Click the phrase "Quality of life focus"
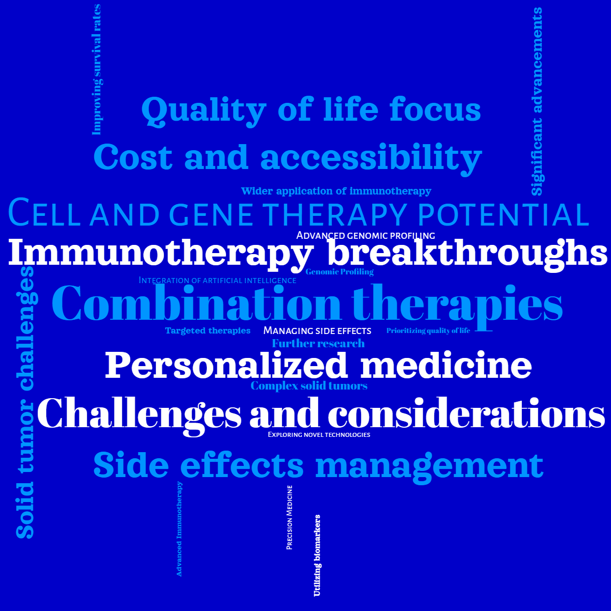coord(311,110)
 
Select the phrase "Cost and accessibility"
coord(288,157)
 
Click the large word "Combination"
coord(196,304)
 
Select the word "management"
coord(429,465)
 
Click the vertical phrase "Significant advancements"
coord(537,102)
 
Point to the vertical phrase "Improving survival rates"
coord(97,69)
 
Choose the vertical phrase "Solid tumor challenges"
coord(25,402)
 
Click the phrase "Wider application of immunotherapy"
coord(336,191)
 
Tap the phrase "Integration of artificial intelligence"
coord(217,281)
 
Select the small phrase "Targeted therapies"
coord(208,331)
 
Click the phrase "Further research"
coord(318,344)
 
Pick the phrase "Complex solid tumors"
coord(309,386)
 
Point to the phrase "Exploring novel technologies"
coord(319,435)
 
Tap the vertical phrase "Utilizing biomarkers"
coord(317,556)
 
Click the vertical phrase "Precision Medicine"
coord(290,517)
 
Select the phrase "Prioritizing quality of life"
coord(428,331)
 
